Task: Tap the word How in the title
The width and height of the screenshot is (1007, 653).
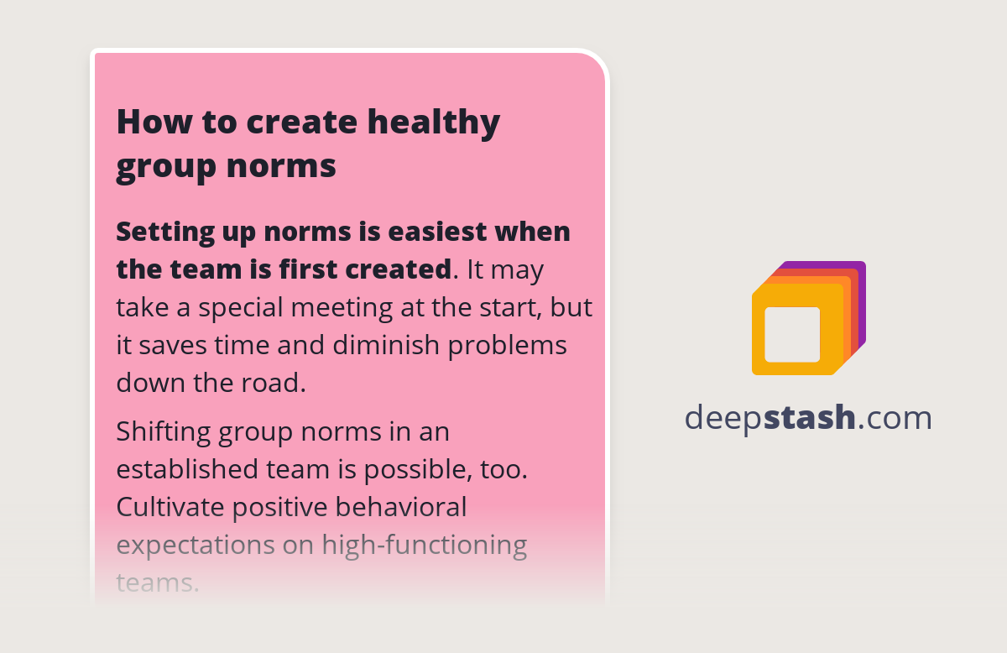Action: pos(146,123)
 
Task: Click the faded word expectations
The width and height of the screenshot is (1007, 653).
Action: pos(195,546)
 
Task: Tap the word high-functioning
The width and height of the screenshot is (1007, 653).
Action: pos(424,546)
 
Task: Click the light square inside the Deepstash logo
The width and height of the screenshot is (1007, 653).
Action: pos(792,334)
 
